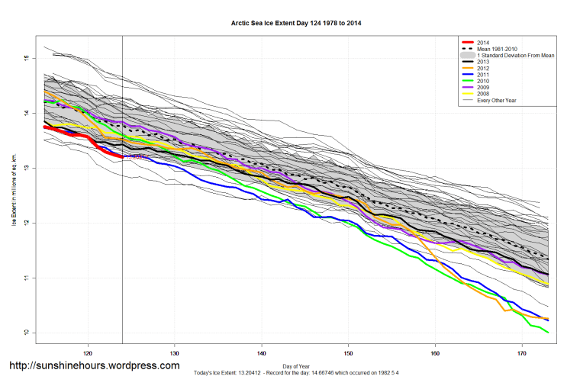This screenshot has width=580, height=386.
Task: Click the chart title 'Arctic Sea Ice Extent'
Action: [x=295, y=23]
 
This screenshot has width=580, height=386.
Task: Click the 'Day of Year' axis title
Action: [x=295, y=364]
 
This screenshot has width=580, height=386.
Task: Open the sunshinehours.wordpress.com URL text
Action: [x=94, y=366]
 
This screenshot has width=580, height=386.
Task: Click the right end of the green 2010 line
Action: [x=548, y=333]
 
